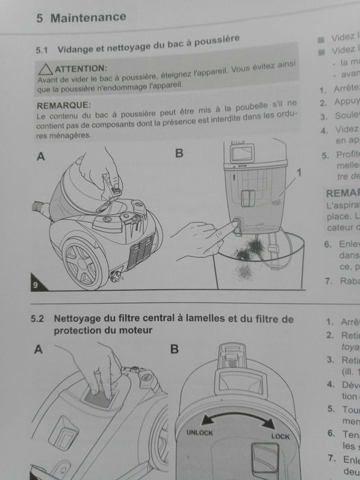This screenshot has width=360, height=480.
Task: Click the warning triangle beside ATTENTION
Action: pyautogui.click(x=45, y=69)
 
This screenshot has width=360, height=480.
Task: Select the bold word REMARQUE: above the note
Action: pyautogui.click(x=63, y=104)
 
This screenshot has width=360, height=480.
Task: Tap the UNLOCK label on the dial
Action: pyautogui.click(x=200, y=433)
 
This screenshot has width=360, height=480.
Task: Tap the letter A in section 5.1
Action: pyautogui.click(x=41, y=156)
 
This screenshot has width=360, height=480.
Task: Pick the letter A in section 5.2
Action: pyautogui.click(x=39, y=349)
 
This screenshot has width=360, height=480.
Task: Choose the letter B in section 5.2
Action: pyautogui.click(x=174, y=349)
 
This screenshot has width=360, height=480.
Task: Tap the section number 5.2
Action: pyautogui.click(x=37, y=320)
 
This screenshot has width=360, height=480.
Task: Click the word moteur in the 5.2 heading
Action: pyautogui.click(x=136, y=330)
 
